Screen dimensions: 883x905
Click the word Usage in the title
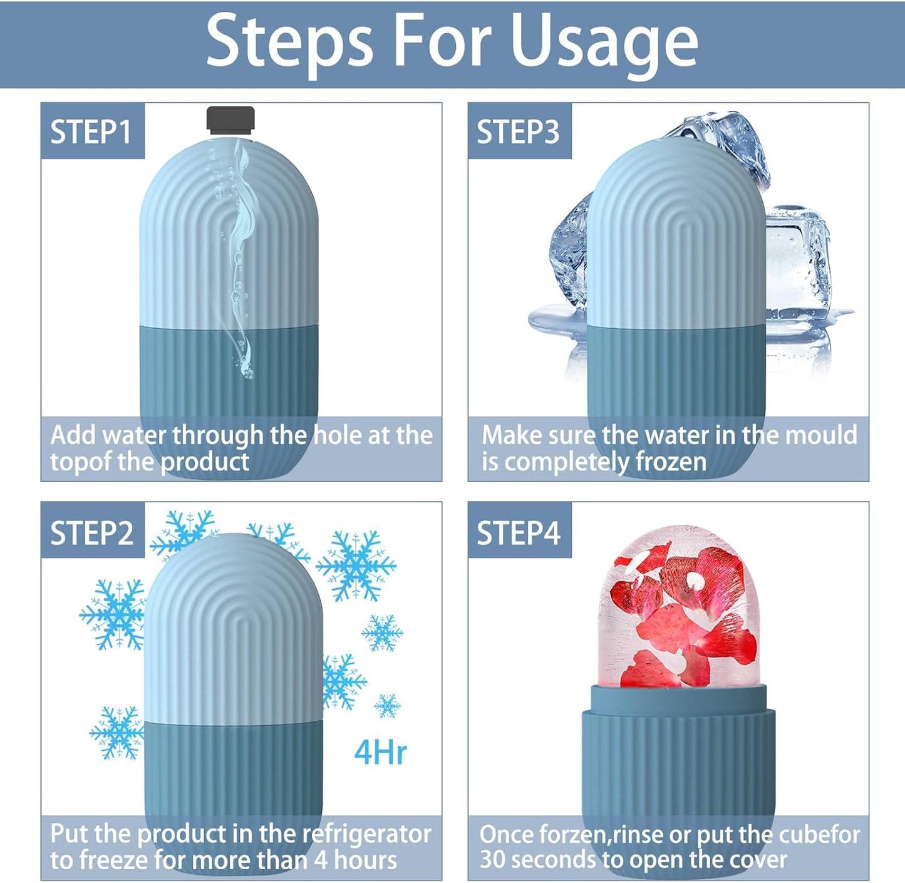pyautogui.click(x=604, y=42)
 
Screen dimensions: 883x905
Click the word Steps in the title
pyautogui.click(x=289, y=42)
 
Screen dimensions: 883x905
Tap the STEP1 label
pyautogui.click(x=91, y=132)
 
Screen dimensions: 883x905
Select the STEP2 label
pyautogui.click(x=92, y=533)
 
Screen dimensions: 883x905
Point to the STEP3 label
pyautogui.click(x=519, y=132)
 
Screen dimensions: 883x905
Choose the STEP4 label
pyautogui.click(x=519, y=533)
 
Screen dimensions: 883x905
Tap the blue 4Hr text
pyautogui.click(x=380, y=751)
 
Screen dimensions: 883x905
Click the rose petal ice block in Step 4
pyautogui.click(x=679, y=607)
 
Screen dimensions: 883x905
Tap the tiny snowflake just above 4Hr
pyautogui.click(x=387, y=706)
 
